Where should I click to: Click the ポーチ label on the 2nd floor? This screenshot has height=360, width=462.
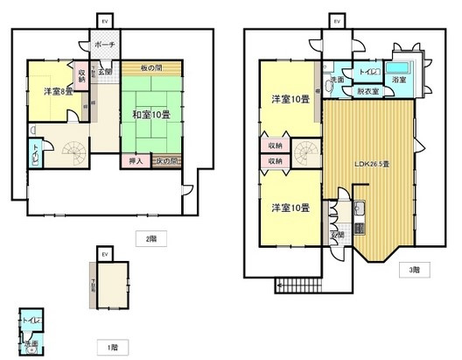(x=106, y=45)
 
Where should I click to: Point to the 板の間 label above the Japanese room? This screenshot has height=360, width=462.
(x=150, y=68)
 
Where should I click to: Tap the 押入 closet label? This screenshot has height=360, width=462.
(x=136, y=161)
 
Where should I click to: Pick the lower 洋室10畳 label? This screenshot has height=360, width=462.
(x=290, y=208)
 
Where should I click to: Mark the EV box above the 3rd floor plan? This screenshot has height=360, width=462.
(x=334, y=18)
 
